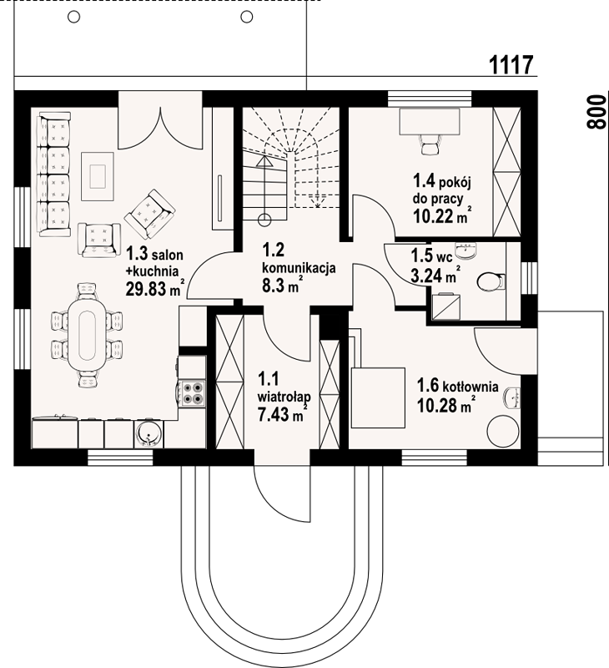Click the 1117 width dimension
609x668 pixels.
pyautogui.click(x=511, y=65)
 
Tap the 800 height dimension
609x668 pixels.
pyautogui.click(x=596, y=112)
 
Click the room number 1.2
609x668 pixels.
pyautogui.click(x=274, y=250)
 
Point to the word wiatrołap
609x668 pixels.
pyautogui.click(x=284, y=397)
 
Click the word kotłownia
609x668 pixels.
pyautogui.click(x=471, y=387)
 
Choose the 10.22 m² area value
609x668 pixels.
pyautogui.click(x=443, y=216)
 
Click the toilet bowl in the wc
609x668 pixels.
pyautogui.click(x=491, y=281)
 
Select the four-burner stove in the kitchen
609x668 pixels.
pyautogui.click(x=193, y=393)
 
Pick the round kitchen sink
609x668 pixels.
pyautogui.click(x=148, y=434)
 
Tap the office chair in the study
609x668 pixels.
pyautogui.click(x=430, y=144)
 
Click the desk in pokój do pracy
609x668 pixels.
pyautogui.click(x=430, y=121)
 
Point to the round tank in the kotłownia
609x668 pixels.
pyautogui.click(x=503, y=431)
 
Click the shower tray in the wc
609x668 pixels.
pyautogui.click(x=446, y=306)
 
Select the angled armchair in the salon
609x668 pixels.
pyautogui.click(x=149, y=215)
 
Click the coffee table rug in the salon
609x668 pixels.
pyautogui.click(x=98, y=176)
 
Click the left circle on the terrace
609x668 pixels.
pyautogui.click(x=74, y=17)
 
